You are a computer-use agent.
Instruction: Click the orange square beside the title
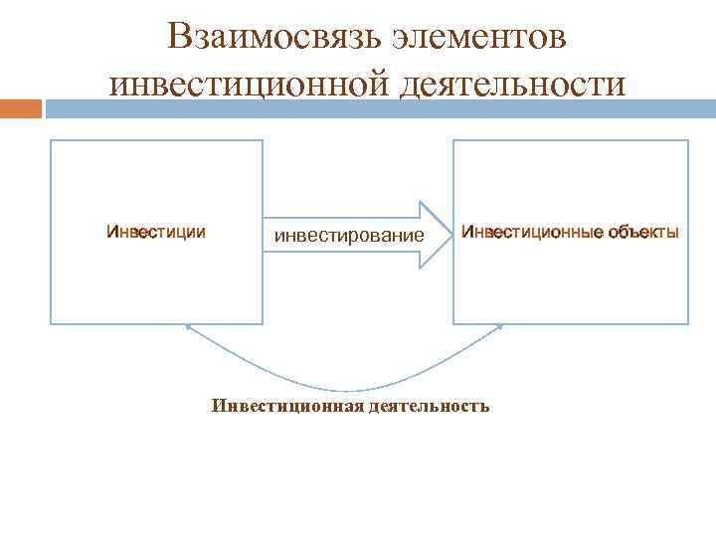coord(21,107)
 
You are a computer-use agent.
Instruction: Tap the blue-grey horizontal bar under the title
coord(378,107)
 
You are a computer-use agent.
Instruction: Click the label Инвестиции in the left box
coord(156,233)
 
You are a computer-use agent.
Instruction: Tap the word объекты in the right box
coord(644,233)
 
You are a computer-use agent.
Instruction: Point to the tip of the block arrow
coord(449,235)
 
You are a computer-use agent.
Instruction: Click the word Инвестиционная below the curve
coord(287,406)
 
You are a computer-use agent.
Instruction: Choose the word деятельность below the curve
coord(429,406)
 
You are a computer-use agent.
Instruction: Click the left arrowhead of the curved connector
coord(189,327)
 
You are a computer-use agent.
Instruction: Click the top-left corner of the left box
coord(51,140)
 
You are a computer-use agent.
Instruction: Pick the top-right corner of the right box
coord(688,140)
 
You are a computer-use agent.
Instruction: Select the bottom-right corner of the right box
coord(688,324)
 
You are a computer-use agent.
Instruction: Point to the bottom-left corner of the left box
coord(51,324)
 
